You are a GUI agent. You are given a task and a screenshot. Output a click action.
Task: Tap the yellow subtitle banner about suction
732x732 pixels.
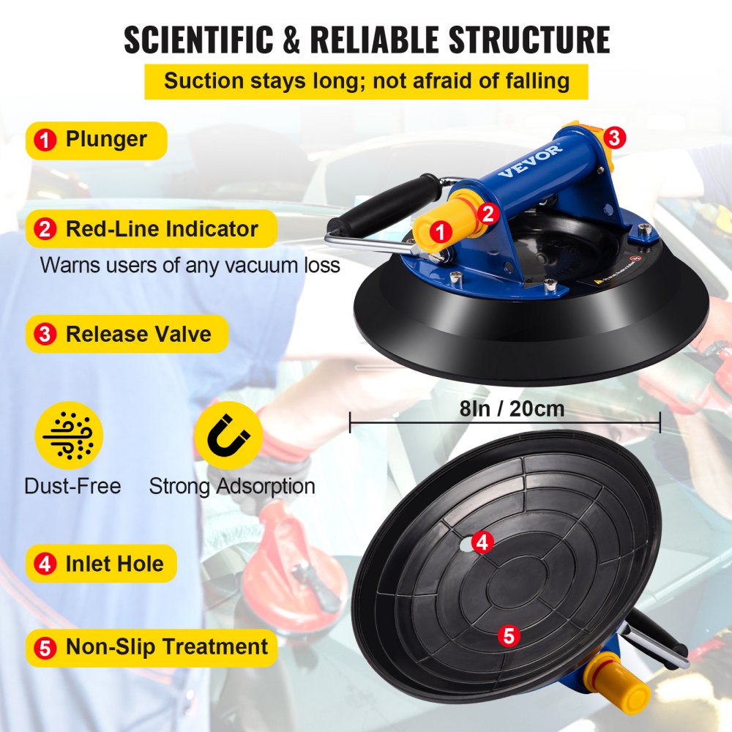(366, 81)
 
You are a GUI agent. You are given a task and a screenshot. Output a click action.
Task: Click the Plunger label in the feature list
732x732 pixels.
(96, 140)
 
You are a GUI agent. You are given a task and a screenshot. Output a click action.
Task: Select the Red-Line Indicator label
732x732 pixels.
(151, 229)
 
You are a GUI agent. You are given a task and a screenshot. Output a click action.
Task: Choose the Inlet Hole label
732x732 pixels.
(102, 564)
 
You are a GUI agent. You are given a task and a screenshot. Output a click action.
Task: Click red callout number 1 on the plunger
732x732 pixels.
(439, 232)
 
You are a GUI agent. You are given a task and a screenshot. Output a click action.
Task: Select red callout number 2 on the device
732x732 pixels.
(489, 212)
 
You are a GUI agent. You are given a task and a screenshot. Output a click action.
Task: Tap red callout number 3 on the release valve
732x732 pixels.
(613, 136)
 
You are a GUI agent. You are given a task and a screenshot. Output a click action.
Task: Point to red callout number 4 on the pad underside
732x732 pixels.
(481, 542)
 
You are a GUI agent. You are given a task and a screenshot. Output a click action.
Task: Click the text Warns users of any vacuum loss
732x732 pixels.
(190, 264)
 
